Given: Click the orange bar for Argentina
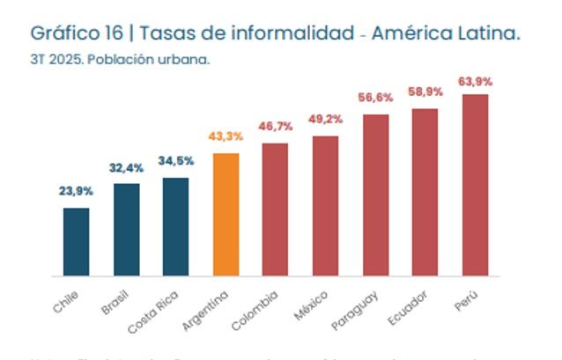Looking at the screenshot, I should tap(226, 215).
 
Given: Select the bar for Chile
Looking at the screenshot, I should tap(76, 242).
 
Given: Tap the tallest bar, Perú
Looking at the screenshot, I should tap(475, 185).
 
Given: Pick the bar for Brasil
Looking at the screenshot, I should tap(126, 230).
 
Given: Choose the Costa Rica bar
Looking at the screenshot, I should tap(175, 227).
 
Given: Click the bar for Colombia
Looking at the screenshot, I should tap(275, 209).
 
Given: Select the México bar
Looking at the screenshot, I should tap(325, 206).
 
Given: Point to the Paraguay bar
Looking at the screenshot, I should tap(375, 195).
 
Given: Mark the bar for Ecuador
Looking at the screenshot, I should tap(425, 192).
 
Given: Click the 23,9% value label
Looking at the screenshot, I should tap(76, 191).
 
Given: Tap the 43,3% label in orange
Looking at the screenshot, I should tap(226, 136).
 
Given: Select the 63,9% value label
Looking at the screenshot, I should tap(475, 81).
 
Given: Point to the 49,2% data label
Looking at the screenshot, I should tap(325, 120).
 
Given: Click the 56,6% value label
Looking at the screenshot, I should tap(375, 98).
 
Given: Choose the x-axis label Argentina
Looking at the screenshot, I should tap(212, 308).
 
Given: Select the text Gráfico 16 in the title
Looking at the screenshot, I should tap(75, 33).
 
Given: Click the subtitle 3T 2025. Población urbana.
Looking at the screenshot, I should tap(120, 61).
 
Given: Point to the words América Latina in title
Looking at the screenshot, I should tap(446, 33).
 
